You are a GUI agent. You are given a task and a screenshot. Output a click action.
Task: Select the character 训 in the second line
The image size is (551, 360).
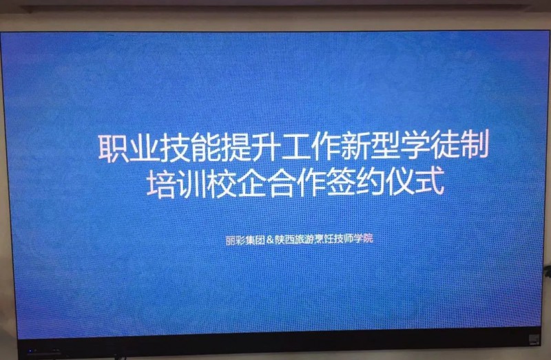click(191, 184)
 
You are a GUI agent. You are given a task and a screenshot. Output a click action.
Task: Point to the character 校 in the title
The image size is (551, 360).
click(221, 184)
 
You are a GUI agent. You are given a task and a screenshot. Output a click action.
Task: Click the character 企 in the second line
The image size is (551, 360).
click(251, 183)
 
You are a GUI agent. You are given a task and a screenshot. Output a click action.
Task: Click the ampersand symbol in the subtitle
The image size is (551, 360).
click(270, 240)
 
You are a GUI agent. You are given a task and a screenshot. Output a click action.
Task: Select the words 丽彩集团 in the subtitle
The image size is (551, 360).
click(245, 240)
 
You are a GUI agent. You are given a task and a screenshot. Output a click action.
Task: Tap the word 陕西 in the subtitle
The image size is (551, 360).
click(284, 240)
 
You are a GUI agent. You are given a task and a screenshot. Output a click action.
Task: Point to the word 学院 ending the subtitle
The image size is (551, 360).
click(364, 238)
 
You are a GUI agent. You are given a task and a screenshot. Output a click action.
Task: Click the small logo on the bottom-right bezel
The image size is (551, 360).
click(534, 339)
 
